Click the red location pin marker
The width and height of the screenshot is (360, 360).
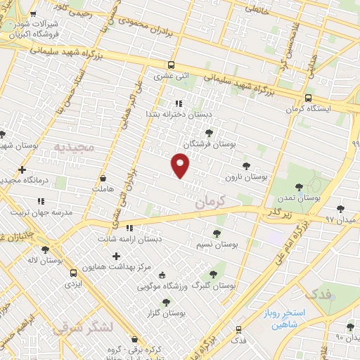coord(181,165)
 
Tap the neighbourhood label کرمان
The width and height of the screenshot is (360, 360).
coord(209,200)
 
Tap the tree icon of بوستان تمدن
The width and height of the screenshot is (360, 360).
coord(300,187)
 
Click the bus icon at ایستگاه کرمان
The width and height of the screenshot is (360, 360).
coord(308,98)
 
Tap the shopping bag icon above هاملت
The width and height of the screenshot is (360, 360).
coord(103,178)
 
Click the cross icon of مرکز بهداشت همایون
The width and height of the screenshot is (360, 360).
coord(116,255)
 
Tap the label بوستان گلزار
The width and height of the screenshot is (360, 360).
coord(165,314)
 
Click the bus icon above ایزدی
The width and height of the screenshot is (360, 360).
coord(73,272)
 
